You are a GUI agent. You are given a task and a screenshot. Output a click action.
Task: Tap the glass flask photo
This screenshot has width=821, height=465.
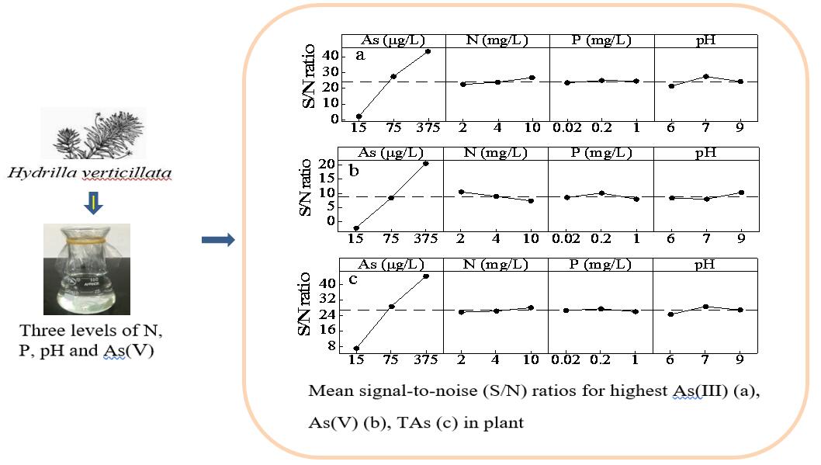click(x=86, y=269)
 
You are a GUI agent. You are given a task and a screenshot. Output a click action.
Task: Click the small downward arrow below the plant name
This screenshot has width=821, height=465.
click(x=92, y=203)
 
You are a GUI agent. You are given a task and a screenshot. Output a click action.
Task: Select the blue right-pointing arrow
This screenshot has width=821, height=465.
click(x=217, y=241)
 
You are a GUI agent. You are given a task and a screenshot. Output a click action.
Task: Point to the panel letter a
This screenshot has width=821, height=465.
click(x=360, y=55)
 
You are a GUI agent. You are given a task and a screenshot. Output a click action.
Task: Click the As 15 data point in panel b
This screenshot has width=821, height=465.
click(x=357, y=228)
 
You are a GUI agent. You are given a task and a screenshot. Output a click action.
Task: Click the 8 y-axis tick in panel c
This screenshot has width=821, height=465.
click(x=332, y=346)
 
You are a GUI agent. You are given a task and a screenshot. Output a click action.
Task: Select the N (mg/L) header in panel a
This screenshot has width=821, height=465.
click(x=497, y=40)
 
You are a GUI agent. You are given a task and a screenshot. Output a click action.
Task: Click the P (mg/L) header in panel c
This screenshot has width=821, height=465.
click(x=600, y=265)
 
